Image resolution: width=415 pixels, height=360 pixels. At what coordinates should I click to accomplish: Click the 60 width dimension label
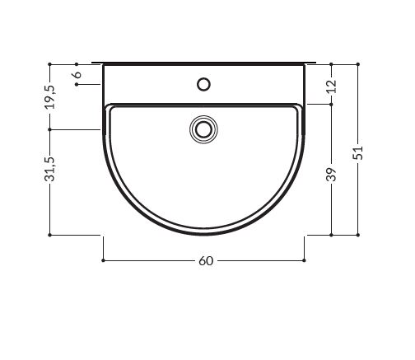coord(206,261)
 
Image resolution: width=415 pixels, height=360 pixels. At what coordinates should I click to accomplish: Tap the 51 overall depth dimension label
coord(358,152)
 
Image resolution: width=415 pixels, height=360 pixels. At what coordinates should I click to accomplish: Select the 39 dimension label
coord(331,175)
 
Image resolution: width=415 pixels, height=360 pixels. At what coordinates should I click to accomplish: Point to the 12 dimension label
coord(331,86)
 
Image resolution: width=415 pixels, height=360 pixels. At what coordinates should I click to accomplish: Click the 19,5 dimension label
coord(50,97)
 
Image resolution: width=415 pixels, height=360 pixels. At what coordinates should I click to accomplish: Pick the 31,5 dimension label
coord(50,170)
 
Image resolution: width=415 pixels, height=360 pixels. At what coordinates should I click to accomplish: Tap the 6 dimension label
coord(77,74)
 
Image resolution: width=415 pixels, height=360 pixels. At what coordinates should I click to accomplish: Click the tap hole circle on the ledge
coord(203,84)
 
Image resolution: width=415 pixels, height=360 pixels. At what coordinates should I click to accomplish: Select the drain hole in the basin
coord(203,129)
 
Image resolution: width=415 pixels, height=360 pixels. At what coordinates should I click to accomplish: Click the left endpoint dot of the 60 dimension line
coord(103,260)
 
